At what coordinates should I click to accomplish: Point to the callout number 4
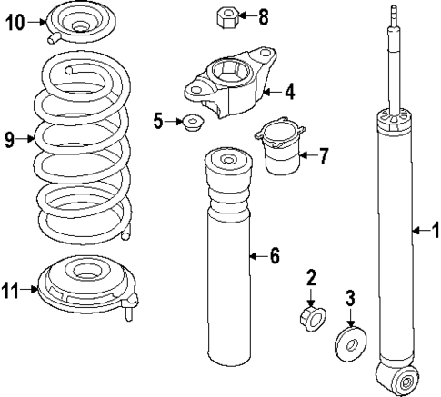(x=289, y=90)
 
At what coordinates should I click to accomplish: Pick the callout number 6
(x=275, y=257)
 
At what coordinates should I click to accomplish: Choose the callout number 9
(x=9, y=139)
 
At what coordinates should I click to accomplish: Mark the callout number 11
(x=11, y=290)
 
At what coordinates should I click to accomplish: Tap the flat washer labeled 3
(x=350, y=342)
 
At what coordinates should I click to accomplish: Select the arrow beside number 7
(x=305, y=155)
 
